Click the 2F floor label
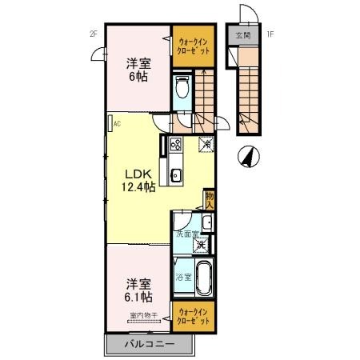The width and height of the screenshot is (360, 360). pos(93,34)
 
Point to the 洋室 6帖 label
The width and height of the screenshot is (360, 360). pos(138,70)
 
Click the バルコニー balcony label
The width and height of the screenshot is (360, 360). pos(149,345)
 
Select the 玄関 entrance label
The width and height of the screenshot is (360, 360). pos(243,37)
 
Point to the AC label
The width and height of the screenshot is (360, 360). pos(117,123)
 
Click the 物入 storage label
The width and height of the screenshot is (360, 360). pos(209,198)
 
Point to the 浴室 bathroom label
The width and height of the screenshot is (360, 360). pos(182,278)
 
